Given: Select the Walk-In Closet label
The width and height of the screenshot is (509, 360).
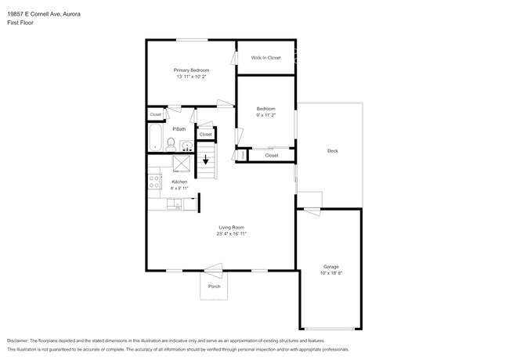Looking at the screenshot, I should coord(265,58).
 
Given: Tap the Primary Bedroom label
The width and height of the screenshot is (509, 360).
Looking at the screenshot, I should coord(191,70).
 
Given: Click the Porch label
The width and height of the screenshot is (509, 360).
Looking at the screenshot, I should coord(214,286).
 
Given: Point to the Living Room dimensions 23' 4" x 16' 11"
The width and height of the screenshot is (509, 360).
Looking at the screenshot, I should coord(233,233).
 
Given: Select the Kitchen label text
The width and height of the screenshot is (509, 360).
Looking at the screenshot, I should coord(179,182).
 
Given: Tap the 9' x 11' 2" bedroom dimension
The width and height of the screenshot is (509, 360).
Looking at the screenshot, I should coord(266,115).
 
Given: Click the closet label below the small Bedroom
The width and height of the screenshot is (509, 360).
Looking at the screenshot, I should coord(271,155).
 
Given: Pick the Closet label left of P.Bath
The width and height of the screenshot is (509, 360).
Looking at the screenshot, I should coord(156,114).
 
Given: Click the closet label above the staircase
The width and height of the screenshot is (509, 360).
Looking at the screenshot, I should coord(205,135).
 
